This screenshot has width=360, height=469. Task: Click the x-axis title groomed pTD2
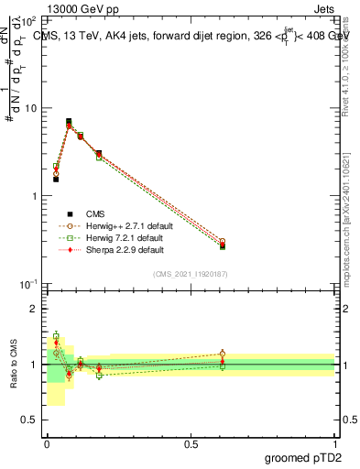point(303,457)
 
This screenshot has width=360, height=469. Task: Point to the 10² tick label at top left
point(29,19)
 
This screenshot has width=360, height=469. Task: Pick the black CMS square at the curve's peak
point(69,121)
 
